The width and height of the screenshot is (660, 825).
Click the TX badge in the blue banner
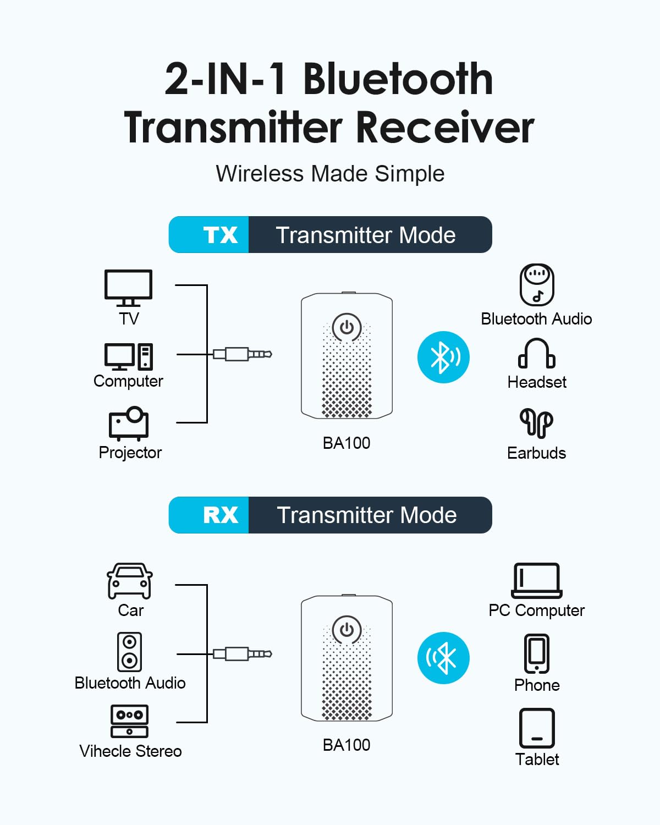220,235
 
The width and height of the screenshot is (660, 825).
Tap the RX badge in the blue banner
220,515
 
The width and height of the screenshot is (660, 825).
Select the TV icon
128,288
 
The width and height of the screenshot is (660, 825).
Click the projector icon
129,424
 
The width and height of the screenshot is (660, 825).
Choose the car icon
130,581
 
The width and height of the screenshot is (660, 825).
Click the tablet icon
537,728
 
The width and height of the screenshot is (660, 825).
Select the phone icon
536,654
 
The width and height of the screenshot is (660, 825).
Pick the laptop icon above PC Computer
536,580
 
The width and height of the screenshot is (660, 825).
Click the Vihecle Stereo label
130,751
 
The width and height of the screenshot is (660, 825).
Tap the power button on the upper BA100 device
346,327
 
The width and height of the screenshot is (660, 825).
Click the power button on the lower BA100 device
346,630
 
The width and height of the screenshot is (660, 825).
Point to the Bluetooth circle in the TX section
443,357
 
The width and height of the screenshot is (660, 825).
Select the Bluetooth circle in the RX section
443,658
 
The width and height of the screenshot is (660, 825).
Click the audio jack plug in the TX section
243,354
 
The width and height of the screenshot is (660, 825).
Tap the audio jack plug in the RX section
243,654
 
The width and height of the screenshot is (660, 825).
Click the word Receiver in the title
446,127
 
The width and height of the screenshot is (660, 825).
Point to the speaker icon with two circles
129,652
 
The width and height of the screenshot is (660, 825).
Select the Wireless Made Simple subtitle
330,174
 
